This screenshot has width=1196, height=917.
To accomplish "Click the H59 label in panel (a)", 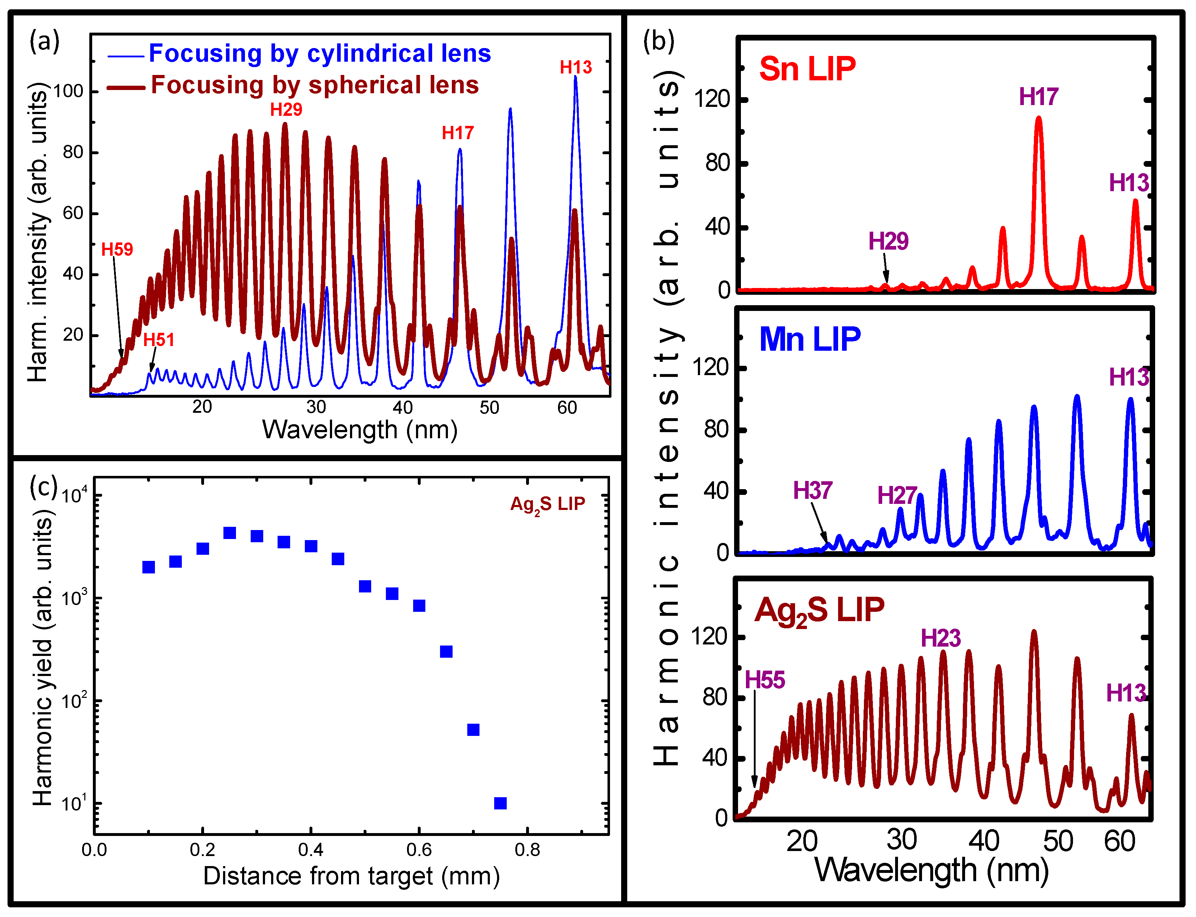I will [117, 250].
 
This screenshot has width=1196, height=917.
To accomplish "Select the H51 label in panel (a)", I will [158, 340].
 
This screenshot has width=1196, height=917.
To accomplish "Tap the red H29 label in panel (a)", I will [286, 110].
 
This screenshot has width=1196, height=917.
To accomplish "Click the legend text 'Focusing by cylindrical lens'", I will [320, 53].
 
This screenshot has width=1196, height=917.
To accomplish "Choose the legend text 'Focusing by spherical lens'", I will [315, 85].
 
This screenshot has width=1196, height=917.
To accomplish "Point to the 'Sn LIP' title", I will [807, 69].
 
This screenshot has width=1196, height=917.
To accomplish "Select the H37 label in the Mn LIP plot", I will [812, 491].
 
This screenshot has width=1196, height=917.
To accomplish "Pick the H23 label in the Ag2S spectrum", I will [941, 638].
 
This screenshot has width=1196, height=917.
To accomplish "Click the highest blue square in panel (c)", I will [230, 533].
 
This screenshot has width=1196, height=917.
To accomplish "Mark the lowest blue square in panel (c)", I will [500, 803].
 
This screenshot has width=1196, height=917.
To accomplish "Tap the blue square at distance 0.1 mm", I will [148, 567].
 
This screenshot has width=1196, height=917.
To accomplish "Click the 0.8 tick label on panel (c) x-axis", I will [527, 850].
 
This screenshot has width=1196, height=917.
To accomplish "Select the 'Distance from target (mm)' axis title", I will [351, 876].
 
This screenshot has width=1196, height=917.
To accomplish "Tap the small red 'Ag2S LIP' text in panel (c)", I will [548, 504].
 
